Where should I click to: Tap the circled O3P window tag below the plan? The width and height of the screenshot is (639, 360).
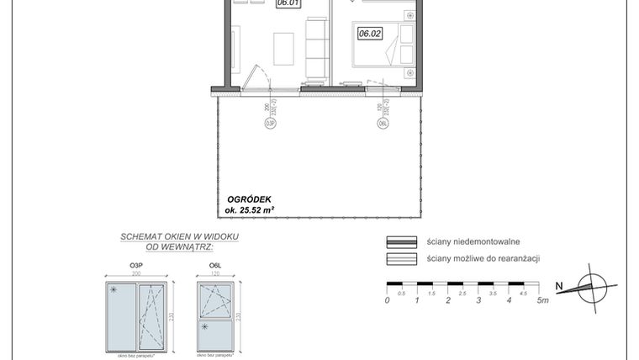pyautogui.click(x=270, y=124)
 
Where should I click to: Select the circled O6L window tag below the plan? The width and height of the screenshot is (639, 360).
pyautogui.click(x=383, y=124)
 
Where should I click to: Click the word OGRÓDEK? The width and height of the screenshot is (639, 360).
pyautogui.click(x=248, y=199)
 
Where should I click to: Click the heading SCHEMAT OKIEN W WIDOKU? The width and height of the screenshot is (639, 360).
pyautogui.click(x=179, y=237)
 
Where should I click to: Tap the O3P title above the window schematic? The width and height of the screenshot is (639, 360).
pyautogui.click(x=137, y=265)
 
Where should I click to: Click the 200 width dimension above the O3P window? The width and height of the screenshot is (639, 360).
pyautogui.click(x=137, y=274)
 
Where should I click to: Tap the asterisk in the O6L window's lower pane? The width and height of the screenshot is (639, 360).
pyautogui.click(x=204, y=326)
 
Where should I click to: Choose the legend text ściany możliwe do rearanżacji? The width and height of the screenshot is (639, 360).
pyautogui.click(x=483, y=258)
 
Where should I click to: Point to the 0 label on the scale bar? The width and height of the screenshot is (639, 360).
pyautogui.click(x=387, y=300)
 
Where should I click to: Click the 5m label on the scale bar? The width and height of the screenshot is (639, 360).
pyautogui.click(x=543, y=300)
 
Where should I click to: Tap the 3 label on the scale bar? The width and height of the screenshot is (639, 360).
pyautogui.click(x=479, y=300)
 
